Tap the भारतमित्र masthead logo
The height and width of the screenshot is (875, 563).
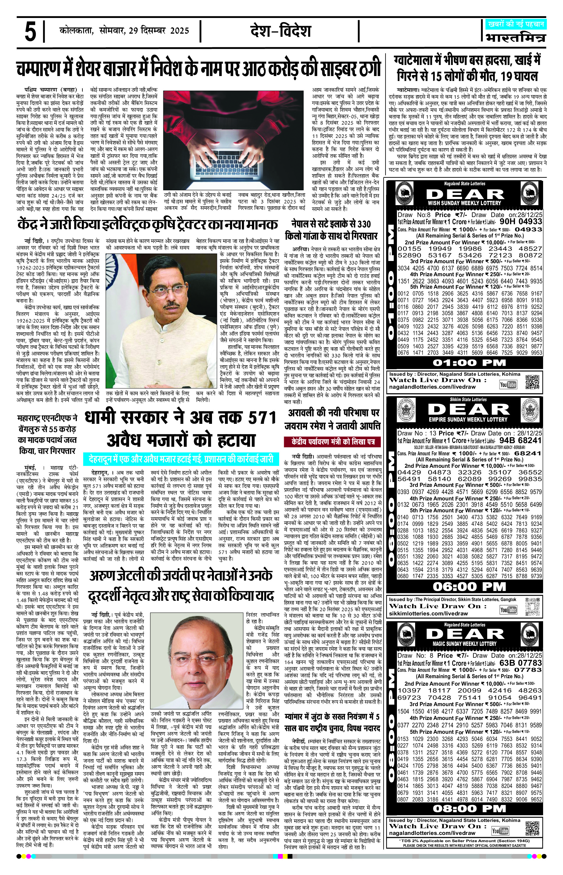click(x=515, y=38)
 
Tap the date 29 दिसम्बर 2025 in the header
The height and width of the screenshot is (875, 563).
click(x=159, y=31)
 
